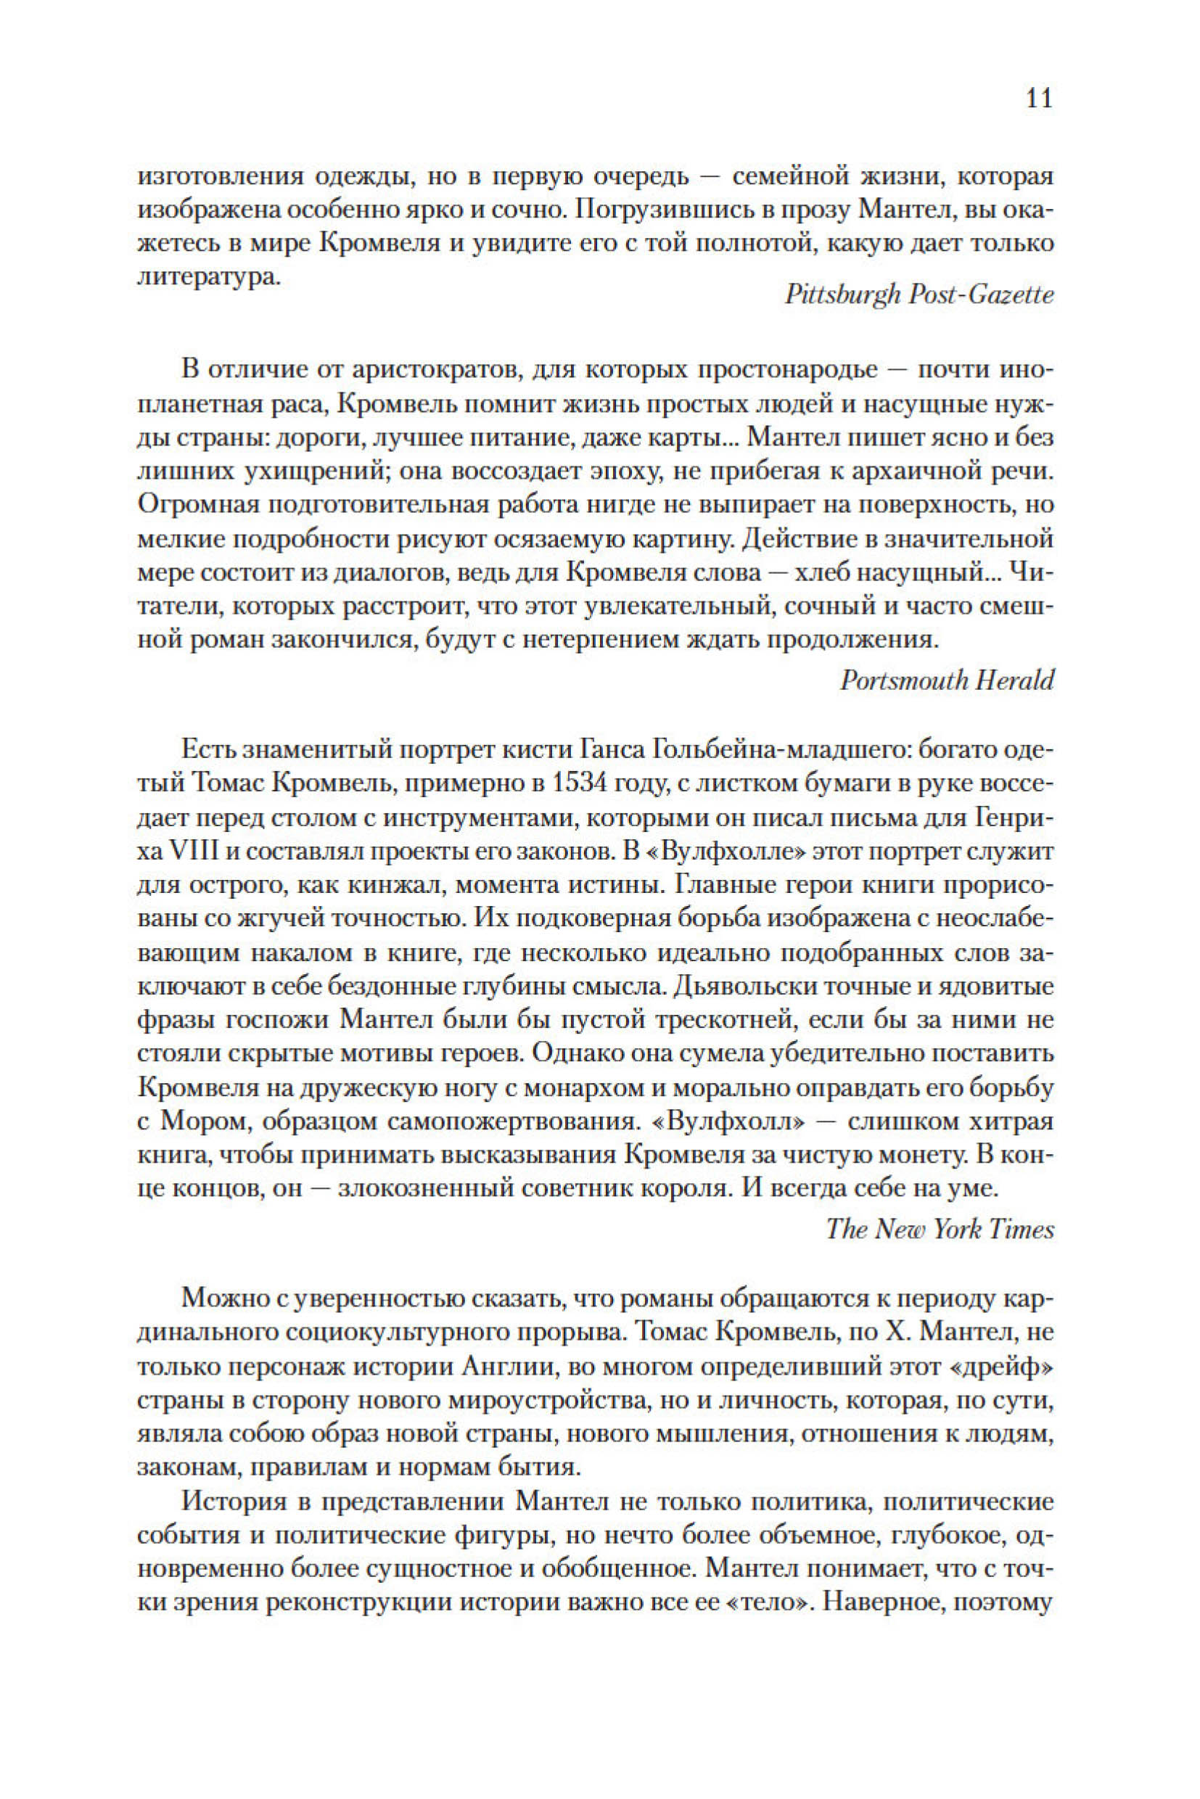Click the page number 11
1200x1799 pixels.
tap(1037, 99)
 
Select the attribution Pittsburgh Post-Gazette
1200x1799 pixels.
tap(919, 295)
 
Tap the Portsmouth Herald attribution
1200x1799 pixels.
tap(947, 680)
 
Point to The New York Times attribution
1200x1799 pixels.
tap(940, 1229)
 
